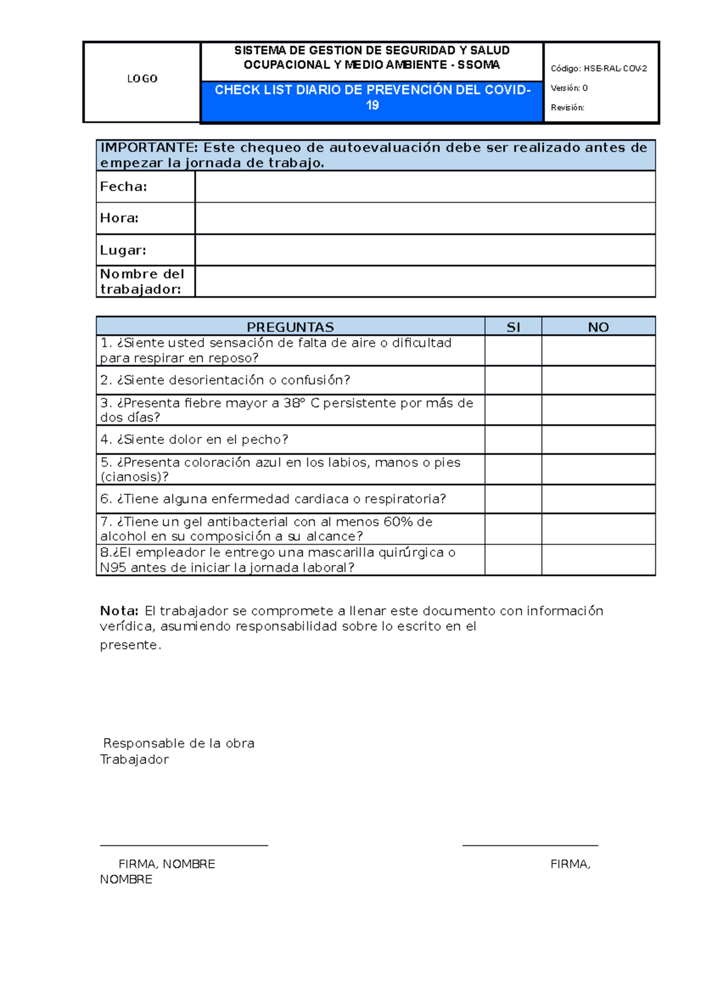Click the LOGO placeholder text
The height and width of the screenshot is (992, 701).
142,79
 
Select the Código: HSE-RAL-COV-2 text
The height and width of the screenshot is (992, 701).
598,69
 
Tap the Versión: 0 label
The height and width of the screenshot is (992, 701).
568,88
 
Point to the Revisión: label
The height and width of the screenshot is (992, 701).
567,107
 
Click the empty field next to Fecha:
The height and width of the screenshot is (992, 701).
425,187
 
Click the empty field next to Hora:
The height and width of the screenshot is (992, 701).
425,218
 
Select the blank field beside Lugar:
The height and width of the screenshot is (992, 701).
425,250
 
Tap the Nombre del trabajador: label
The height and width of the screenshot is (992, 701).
142,282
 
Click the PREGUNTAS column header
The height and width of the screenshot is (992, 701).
290,327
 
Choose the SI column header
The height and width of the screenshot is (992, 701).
513,327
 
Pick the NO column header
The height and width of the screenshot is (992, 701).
598,327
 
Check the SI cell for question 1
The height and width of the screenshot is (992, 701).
513,351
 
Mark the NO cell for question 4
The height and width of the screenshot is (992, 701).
598,440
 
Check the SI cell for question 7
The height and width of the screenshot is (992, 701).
513,529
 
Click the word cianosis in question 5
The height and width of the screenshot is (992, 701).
131,477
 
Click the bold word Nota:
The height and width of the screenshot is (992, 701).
119,611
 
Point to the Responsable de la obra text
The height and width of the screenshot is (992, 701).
179,744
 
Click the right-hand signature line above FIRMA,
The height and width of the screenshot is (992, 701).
530,845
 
